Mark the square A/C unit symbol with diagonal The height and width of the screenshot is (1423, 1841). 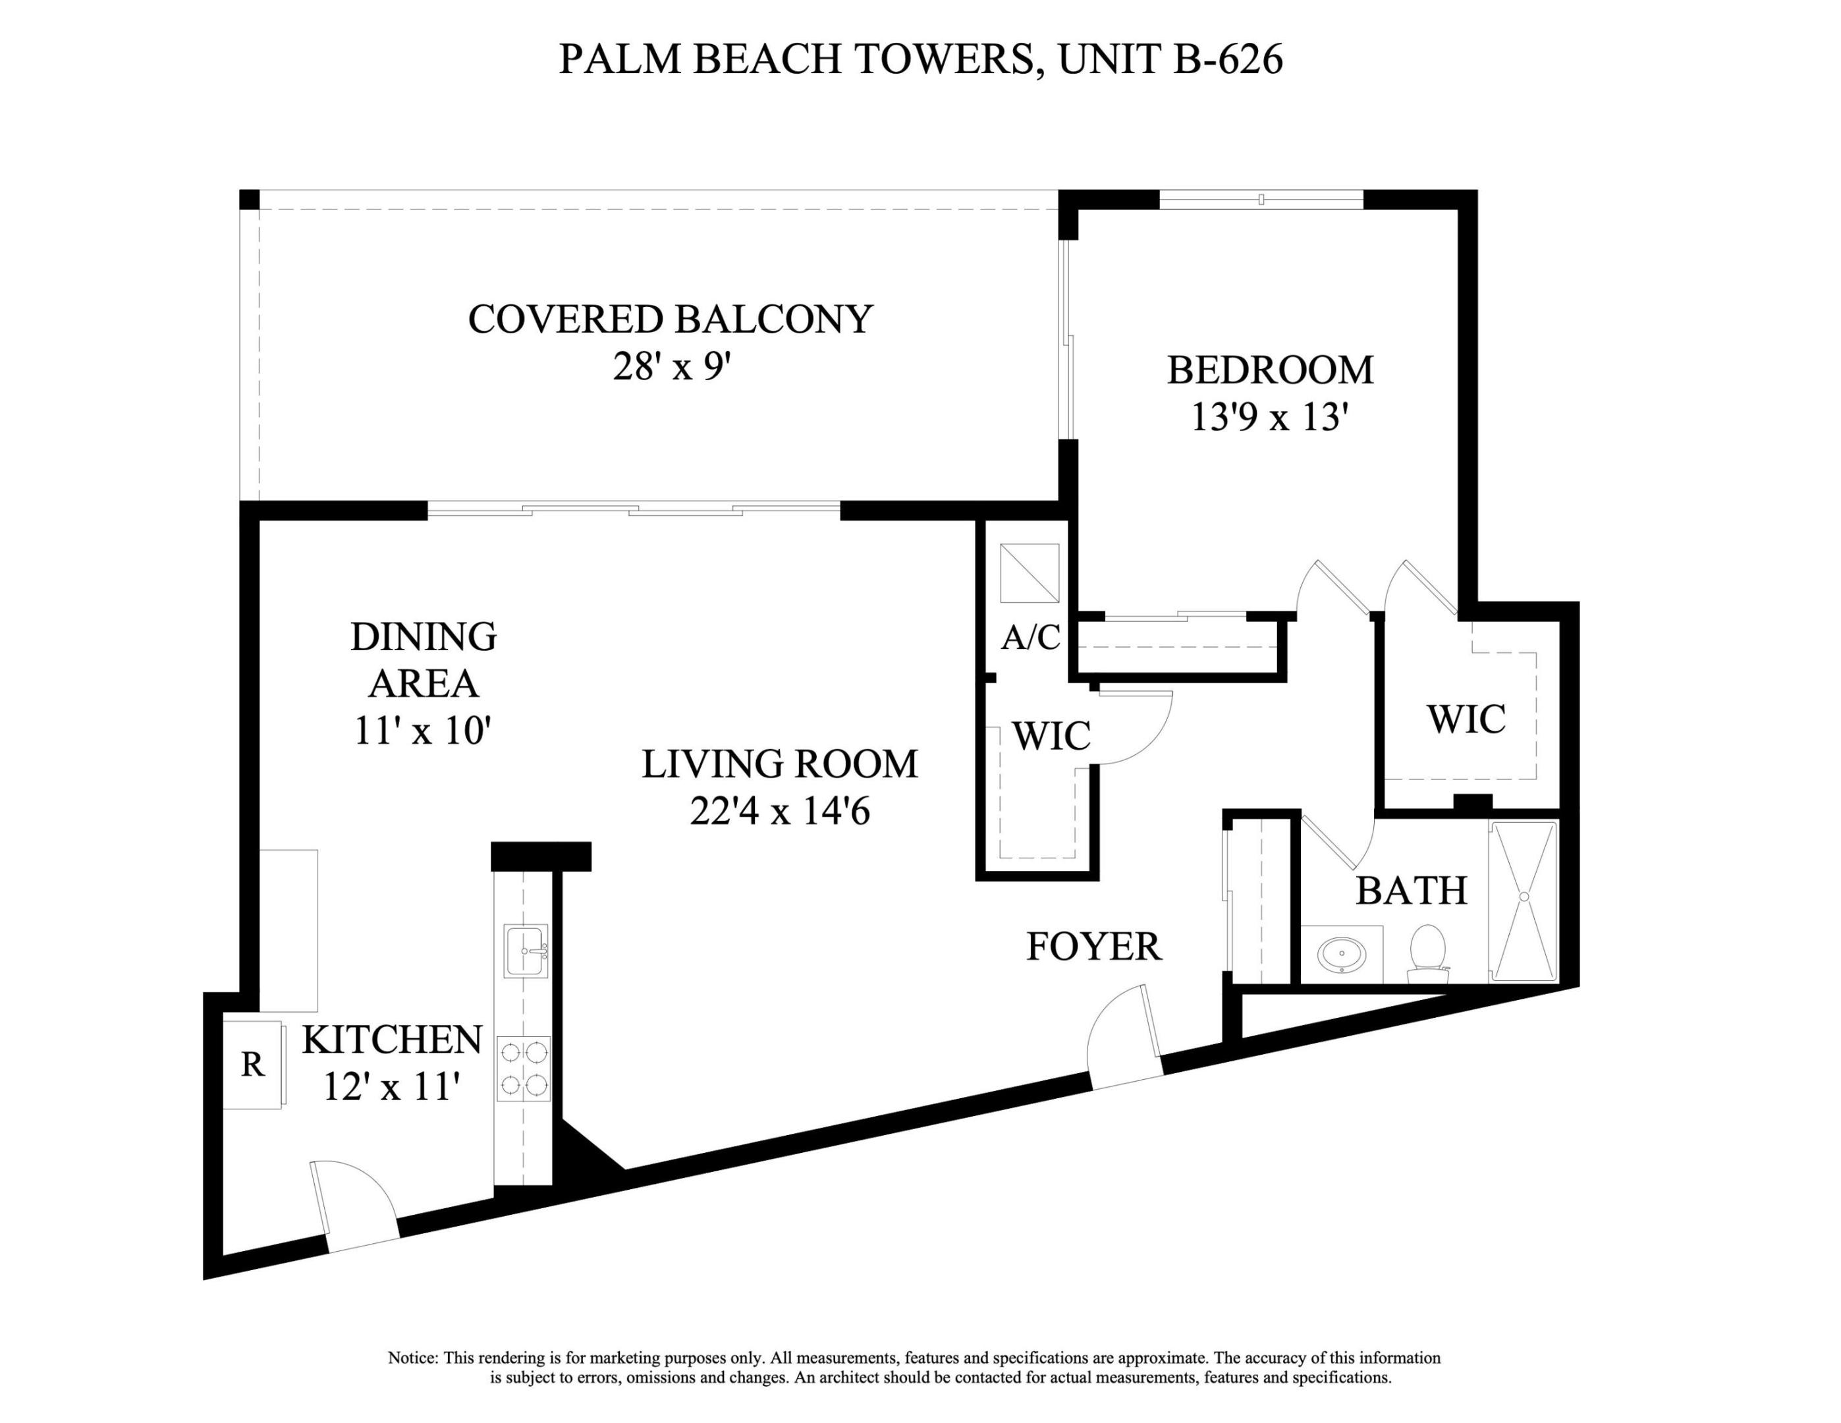pos(1030,573)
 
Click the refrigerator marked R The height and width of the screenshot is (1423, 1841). pos(252,1065)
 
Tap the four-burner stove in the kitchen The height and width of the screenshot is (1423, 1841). pos(524,1068)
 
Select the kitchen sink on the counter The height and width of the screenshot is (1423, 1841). pos(525,950)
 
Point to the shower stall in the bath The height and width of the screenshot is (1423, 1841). pos(1524,901)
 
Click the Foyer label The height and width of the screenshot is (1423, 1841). pos(1093,947)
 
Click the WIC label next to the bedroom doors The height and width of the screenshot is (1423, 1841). pos(1466,719)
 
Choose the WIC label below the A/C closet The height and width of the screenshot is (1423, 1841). pos(1051,736)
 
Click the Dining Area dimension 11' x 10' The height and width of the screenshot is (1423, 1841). pos(422,730)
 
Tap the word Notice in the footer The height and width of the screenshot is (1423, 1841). pos(412,1358)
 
